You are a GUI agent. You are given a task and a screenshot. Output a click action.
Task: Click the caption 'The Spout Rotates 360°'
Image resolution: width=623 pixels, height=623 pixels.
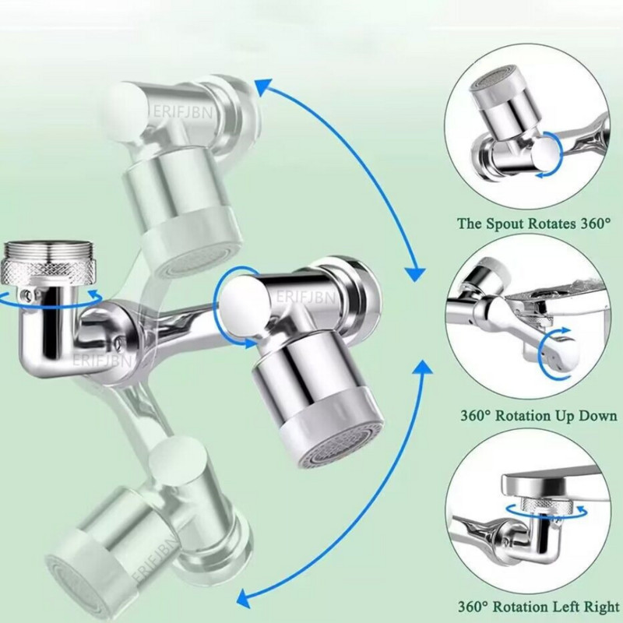[x=533, y=224]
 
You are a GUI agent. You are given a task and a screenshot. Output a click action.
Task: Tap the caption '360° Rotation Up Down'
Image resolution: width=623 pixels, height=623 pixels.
[x=539, y=416]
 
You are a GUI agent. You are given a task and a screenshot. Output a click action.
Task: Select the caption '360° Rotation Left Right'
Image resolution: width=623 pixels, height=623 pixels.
[x=539, y=607]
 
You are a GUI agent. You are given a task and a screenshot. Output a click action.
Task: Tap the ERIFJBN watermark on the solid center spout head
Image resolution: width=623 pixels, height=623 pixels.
[x=306, y=297]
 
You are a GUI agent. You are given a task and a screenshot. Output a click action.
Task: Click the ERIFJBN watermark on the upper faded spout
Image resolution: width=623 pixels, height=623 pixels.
[x=183, y=112]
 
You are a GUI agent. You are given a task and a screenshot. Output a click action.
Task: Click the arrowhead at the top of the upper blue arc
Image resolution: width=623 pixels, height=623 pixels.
[x=263, y=86]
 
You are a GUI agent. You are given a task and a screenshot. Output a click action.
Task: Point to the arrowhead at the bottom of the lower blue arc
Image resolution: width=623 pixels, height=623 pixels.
[x=245, y=597]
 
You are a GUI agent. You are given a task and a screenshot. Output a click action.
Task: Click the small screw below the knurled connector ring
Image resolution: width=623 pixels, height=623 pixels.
[x=26, y=294]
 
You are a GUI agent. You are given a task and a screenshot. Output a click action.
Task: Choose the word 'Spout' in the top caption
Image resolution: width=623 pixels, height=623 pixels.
[x=508, y=224]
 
